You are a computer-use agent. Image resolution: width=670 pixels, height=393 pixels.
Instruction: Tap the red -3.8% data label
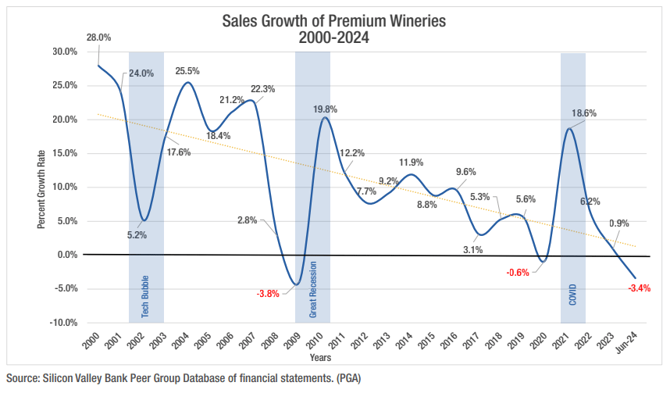[268, 294]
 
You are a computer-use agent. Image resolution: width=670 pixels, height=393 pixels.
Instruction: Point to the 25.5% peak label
[187, 71]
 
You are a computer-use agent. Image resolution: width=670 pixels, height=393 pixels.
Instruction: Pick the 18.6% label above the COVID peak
[584, 113]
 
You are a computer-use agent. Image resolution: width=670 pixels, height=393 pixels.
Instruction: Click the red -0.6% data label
[518, 273]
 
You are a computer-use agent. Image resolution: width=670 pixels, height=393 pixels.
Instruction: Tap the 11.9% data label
[411, 163]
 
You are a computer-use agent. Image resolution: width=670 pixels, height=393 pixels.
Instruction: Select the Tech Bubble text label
[145, 296]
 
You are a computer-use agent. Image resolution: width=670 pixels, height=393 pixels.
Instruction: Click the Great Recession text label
[312, 288]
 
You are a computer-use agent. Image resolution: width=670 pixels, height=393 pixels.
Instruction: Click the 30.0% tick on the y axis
[67, 52]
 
